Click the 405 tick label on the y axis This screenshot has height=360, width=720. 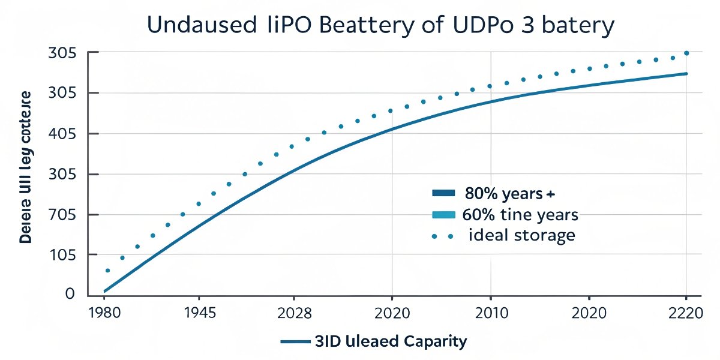pos(62,134)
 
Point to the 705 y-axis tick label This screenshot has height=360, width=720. pos(62,215)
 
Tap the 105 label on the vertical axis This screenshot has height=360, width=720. pos(62,255)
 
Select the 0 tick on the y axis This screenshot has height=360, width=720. pos(70,294)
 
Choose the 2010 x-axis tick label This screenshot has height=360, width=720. pos(490,314)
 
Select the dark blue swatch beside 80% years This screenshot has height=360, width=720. pos(445,193)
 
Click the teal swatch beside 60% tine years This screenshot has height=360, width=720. pos(445,215)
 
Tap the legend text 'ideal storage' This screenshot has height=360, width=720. pos(521,235)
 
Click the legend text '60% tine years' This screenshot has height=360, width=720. pos(520,214)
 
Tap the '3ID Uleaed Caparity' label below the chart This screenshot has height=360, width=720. pos(390,341)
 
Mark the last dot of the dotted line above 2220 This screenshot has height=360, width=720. pos(686,53)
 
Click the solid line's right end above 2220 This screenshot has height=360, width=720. pos(686,74)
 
